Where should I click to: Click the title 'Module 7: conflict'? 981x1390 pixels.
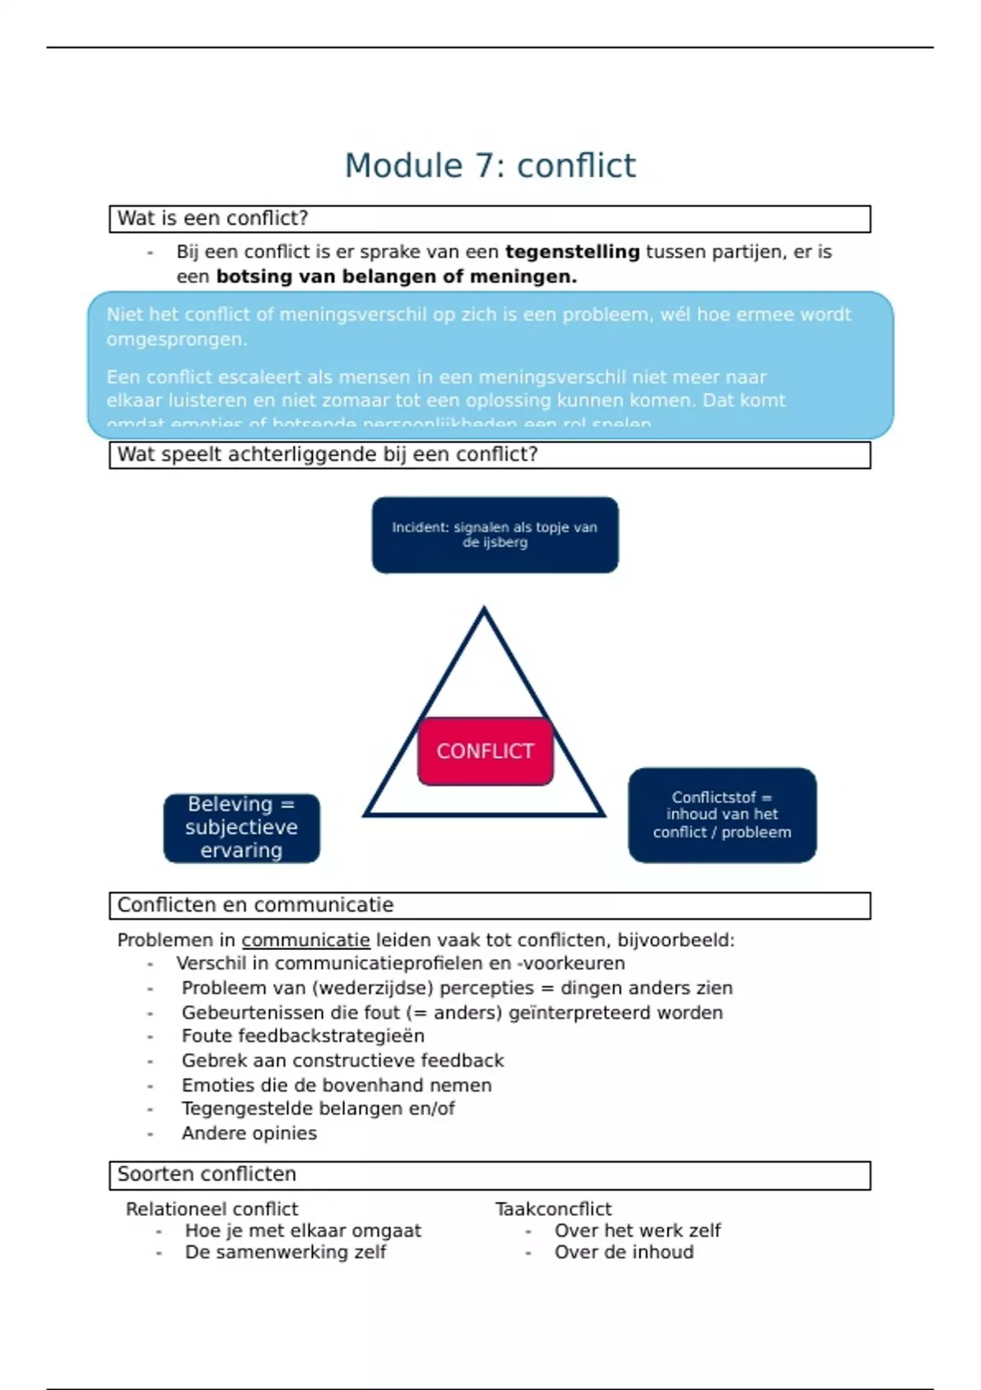[490, 165]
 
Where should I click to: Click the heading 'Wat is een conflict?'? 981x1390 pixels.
[213, 218]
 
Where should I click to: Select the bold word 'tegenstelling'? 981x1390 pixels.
[572, 252]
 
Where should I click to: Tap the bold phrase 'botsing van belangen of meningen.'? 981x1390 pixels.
[396, 276]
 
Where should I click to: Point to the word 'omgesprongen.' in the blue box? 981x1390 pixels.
[177, 339]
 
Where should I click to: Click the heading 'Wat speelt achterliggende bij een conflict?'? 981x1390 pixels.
[327, 455]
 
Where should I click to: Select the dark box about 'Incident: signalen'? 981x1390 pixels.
[495, 535]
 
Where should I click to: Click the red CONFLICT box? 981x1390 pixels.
[486, 751]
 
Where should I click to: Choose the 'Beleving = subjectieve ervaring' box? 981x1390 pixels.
[241, 827]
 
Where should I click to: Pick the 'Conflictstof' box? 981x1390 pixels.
[722, 814]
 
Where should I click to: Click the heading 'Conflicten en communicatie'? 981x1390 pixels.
[255, 905]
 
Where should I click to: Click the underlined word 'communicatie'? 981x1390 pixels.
[306, 940]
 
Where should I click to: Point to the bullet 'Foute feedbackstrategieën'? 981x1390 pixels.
[302, 1036]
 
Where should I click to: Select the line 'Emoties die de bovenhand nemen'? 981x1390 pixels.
[336, 1085]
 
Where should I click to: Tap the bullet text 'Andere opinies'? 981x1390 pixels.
[249, 1133]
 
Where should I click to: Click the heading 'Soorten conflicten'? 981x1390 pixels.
[207, 1174]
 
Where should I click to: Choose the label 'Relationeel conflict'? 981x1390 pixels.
[212, 1208]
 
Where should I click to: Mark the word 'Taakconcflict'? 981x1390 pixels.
[553, 1208]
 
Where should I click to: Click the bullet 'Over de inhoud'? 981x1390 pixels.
[624, 1252]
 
